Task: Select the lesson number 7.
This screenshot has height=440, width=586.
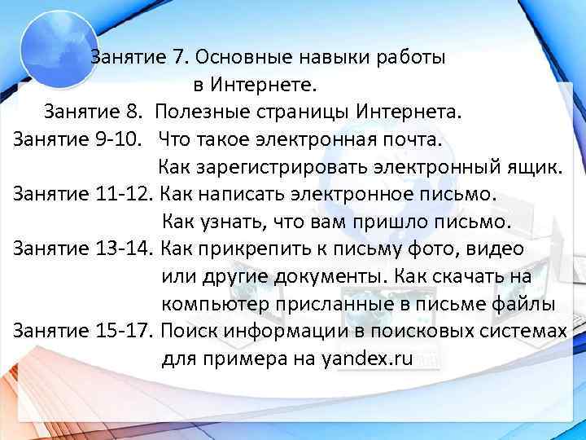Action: (178, 58)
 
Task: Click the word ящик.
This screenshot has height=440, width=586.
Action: (536, 167)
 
